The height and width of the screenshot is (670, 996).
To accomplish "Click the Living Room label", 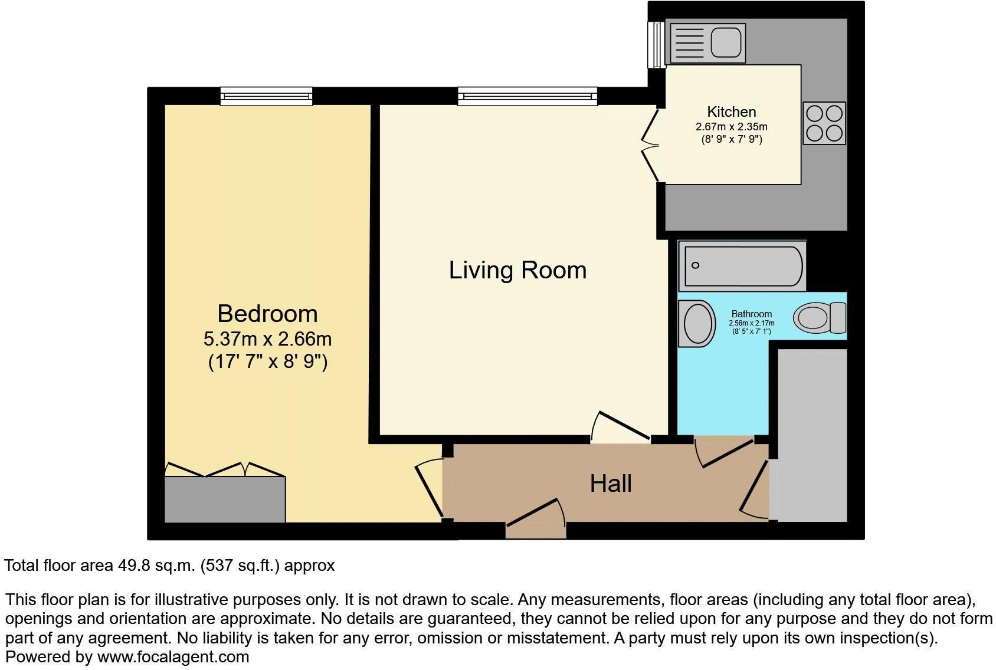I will tap(517, 270).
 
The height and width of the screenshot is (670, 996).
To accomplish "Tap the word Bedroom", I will tap(267, 313).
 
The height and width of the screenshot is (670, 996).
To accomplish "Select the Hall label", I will tap(611, 484).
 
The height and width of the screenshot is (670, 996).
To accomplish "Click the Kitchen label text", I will tap(731, 111).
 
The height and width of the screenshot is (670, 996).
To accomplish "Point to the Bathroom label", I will tap(751, 314).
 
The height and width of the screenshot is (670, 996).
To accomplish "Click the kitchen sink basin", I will tap(726, 43).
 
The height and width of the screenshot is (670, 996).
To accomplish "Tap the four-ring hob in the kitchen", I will tap(824, 123).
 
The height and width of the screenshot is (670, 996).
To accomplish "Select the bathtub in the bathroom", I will tap(742, 265).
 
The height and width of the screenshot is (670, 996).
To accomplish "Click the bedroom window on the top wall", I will tap(266, 96).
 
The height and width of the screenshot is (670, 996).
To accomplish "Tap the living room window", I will tap(527, 96).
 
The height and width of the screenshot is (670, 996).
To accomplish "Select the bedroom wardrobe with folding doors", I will tap(225, 499).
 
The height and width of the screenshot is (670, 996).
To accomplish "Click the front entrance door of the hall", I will tap(535, 519).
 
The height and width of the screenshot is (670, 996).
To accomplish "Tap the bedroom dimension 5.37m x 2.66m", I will tap(267, 339).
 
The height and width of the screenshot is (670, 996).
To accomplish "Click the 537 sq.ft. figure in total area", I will tap(240, 566).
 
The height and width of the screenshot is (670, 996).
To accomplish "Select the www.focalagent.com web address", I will tap(173, 656).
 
